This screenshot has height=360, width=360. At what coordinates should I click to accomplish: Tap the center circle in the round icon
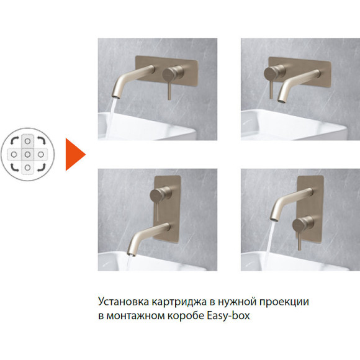28,153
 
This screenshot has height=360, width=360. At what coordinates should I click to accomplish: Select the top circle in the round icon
28,140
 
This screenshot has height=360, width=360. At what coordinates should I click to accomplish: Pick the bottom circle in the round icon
28,166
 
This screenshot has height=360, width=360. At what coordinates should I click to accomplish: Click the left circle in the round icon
14,153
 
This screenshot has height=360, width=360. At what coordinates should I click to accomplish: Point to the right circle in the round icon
42,153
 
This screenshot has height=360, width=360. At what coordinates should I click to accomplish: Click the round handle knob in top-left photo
166,74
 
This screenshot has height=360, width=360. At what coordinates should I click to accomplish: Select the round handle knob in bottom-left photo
155,196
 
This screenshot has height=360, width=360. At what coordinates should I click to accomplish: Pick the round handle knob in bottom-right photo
305,223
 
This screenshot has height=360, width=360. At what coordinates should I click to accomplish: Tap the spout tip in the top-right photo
281,98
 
